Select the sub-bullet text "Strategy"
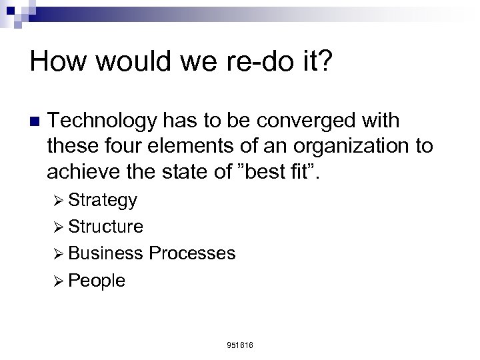click(102, 200)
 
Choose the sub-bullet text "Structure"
click(105, 227)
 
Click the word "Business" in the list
click(105, 253)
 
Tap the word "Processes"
click(192, 253)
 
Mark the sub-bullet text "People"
click(96, 281)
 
